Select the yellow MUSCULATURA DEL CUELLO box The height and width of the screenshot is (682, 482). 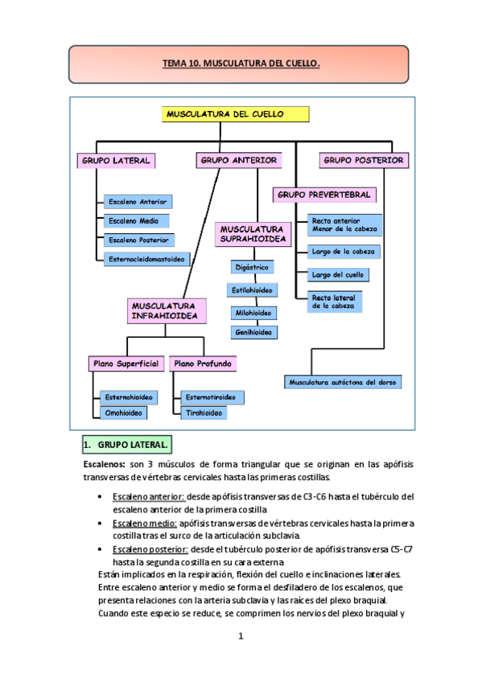point(225,115)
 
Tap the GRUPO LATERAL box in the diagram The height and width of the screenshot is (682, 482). point(115,161)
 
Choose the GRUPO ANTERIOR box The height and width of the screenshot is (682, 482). point(238,161)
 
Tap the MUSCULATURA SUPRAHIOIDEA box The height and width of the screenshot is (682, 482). point(252,234)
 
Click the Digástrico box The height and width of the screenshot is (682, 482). point(252,266)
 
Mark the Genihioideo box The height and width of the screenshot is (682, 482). point(253,331)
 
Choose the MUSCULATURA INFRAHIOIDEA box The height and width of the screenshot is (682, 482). point(164,311)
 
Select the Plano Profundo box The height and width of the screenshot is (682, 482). point(203,364)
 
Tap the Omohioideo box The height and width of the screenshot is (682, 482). point(124,413)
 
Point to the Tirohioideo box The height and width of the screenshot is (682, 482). point(204,413)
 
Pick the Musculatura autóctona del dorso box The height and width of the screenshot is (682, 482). point(345,382)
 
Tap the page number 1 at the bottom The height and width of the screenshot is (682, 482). point(240,637)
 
